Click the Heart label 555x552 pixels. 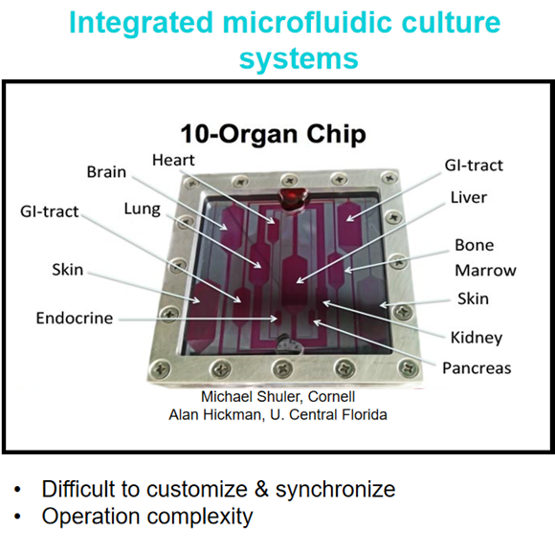click(x=173, y=161)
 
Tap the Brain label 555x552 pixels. click(x=106, y=172)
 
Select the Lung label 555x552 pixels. click(x=143, y=210)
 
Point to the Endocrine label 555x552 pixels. click(x=75, y=318)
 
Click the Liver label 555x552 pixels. click(x=469, y=197)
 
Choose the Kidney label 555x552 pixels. click(x=477, y=338)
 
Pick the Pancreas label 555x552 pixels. click(x=477, y=368)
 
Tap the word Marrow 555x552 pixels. click(x=486, y=271)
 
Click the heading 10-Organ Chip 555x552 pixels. click(x=274, y=135)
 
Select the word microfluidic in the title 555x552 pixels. click(x=307, y=22)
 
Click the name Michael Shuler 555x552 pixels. click(x=252, y=397)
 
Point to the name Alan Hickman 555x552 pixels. click(x=216, y=414)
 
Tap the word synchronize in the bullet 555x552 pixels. click(x=335, y=490)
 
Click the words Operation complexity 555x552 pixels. click(x=147, y=517)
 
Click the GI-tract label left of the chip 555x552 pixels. click(x=50, y=211)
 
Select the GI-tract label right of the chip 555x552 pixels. click(x=474, y=166)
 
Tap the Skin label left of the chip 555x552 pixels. click(x=68, y=270)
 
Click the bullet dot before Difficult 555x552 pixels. click(x=17, y=491)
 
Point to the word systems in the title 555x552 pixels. click(x=299, y=58)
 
